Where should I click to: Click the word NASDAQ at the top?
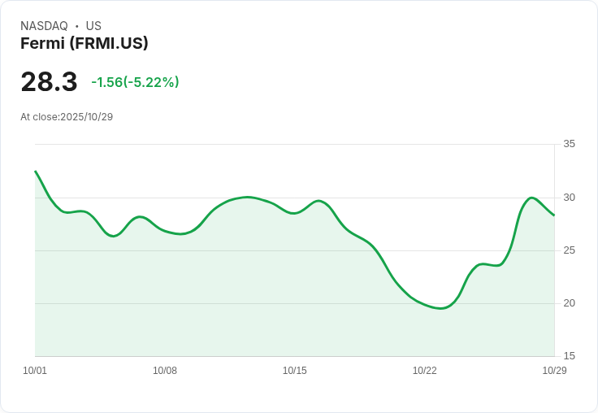pyautogui.click(x=44, y=26)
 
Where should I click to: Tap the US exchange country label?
pyautogui.click(x=93, y=26)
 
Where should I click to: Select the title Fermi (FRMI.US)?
pyautogui.click(x=84, y=44)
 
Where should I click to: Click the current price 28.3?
pyautogui.click(x=49, y=82)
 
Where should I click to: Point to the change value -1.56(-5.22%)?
pyautogui.click(x=135, y=82)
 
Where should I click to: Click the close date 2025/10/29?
pyautogui.click(x=86, y=117)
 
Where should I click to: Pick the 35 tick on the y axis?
pyautogui.click(x=569, y=144)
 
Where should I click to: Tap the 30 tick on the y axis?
pyautogui.click(x=569, y=198)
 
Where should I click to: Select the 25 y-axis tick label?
pyautogui.click(x=569, y=250)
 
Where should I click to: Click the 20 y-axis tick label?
pyautogui.click(x=569, y=303)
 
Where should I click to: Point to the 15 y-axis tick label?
pyautogui.click(x=569, y=356)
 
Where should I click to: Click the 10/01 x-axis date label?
pyautogui.click(x=35, y=371)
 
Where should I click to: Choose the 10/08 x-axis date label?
pyautogui.click(x=165, y=371)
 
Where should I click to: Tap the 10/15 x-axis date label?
pyautogui.click(x=295, y=371)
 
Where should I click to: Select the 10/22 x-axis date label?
pyautogui.click(x=425, y=371)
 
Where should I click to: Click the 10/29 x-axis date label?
pyautogui.click(x=554, y=371)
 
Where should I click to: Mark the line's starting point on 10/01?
pyautogui.click(x=35, y=172)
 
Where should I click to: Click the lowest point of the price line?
pyautogui.click(x=441, y=308)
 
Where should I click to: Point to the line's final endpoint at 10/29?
pyautogui.click(x=554, y=215)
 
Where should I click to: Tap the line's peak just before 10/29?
pyautogui.click(x=531, y=198)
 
